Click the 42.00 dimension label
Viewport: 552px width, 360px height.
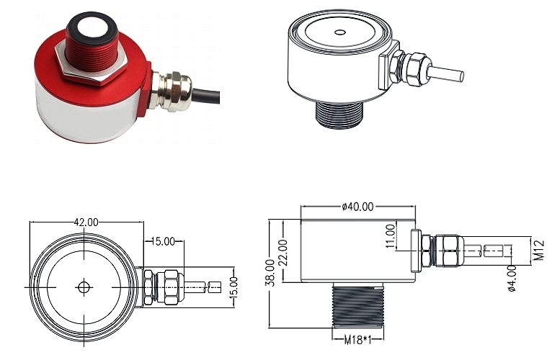click(x=85, y=222)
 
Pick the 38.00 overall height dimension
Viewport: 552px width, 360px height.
click(x=270, y=273)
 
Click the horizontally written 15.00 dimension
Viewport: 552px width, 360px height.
click(x=162, y=242)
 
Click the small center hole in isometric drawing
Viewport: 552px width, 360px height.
click(x=339, y=32)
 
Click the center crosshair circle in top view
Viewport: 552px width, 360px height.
click(x=84, y=287)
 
